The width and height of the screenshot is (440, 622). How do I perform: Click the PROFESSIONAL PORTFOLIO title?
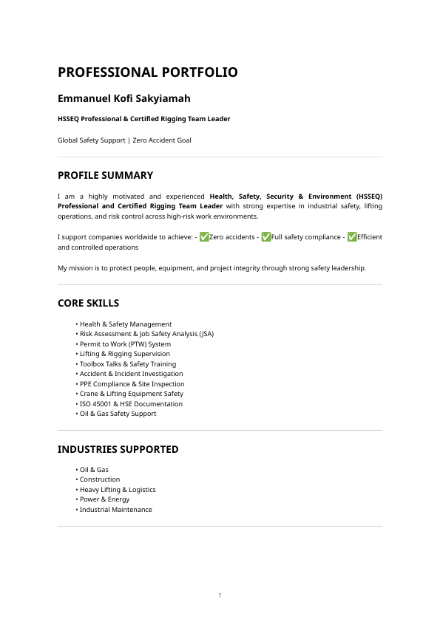click(148, 72)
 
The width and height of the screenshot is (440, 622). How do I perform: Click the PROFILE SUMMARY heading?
click(105, 176)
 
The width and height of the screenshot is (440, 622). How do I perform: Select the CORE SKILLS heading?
click(88, 304)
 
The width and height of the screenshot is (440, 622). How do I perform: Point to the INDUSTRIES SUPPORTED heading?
click(118, 449)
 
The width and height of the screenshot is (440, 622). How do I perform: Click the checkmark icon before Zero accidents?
click(204, 237)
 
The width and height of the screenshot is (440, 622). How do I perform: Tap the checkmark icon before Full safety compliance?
click(266, 237)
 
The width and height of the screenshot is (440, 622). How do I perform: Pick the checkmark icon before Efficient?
click(352, 237)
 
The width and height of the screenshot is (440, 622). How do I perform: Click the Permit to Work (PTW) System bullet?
click(125, 344)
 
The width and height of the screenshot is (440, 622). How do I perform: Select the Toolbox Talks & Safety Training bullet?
click(128, 364)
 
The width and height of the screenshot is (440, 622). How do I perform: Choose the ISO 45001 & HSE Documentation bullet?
click(131, 404)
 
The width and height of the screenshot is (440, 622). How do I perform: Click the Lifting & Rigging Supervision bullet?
click(125, 354)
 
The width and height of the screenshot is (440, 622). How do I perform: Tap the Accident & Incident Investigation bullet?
click(131, 374)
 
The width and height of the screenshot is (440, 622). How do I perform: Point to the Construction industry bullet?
click(100, 479)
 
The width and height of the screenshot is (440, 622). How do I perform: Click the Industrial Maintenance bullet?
click(115, 510)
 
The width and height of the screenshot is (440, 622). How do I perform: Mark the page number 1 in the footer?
click(220, 595)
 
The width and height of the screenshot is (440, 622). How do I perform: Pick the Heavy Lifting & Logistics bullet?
click(118, 490)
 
